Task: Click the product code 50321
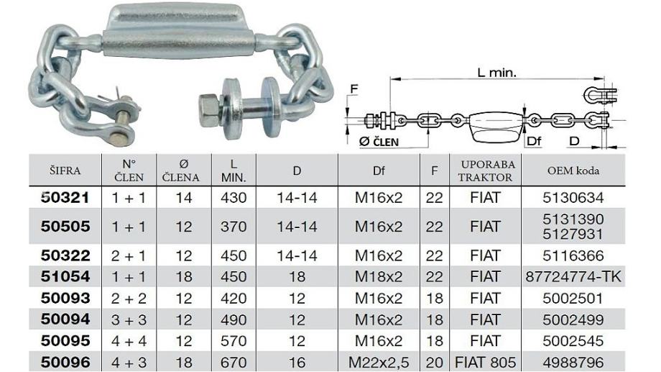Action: (x=65, y=198)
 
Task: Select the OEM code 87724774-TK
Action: (x=573, y=277)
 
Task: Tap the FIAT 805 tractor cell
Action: (x=485, y=363)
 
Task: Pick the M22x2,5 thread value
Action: (x=379, y=363)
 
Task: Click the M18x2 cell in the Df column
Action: (x=379, y=277)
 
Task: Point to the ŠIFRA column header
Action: (x=65, y=171)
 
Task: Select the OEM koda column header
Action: (x=573, y=171)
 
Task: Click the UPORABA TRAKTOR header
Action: (x=485, y=171)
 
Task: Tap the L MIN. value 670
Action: (x=234, y=363)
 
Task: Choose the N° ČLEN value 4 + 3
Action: (x=129, y=363)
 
